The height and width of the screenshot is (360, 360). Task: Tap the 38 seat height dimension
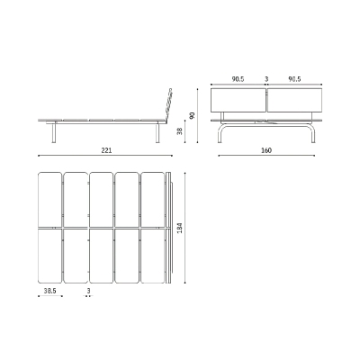tap(181, 130)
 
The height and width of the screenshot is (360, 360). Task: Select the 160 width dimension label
tap(266, 150)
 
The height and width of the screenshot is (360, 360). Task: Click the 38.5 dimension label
tap(50, 292)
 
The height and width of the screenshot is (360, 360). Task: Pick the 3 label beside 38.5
tap(88, 292)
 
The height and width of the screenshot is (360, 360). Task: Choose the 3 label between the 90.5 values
tap(266, 79)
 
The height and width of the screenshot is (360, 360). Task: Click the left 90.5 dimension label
tap(238, 79)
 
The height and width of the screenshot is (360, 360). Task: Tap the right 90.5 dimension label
tap(294, 79)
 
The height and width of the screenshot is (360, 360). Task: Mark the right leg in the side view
tap(158, 132)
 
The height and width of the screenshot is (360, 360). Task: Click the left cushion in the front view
tap(238, 102)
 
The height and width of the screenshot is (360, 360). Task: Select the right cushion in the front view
tap(294, 102)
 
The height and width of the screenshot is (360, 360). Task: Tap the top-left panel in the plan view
tap(49, 199)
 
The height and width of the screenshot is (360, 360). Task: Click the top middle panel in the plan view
tap(101, 199)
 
